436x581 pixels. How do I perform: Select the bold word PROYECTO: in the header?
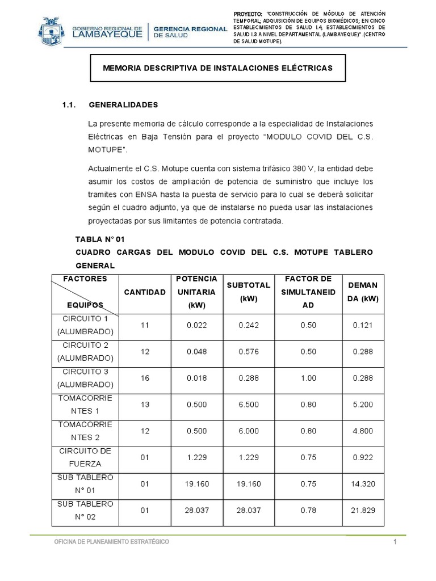coord(249,14)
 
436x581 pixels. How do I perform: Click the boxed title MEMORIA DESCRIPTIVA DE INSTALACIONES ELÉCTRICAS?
coord(217,68)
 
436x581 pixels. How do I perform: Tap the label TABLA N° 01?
coord(100,239)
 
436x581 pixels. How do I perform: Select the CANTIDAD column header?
coord(145,292)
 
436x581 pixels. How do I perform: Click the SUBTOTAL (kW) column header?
coord(248,291)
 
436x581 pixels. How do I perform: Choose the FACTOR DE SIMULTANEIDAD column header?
coord(308,291)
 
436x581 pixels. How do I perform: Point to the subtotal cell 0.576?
coord(248,352)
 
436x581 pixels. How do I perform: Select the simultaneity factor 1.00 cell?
coord(308,378)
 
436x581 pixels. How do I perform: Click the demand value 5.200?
coord(362,405)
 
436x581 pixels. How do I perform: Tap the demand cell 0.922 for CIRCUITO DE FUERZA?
coord(362,457)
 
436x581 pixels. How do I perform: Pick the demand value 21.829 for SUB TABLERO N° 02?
coord(362,510)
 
